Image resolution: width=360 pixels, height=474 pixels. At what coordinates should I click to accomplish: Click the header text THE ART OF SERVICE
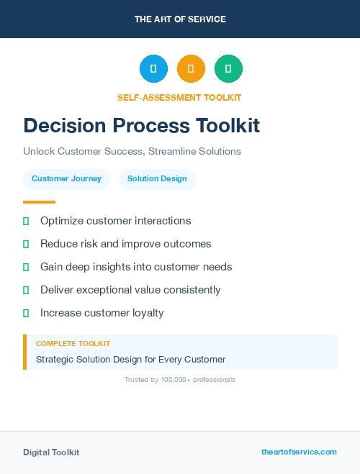[x=180, y=19]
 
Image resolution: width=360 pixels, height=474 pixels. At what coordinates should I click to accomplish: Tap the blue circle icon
[x=153, y=69]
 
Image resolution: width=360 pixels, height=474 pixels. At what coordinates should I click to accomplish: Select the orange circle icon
[x=191, y=69]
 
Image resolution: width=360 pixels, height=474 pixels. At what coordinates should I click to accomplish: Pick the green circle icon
[x=228, y=69]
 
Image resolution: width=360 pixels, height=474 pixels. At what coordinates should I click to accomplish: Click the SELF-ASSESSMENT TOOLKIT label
[x=179, y=97]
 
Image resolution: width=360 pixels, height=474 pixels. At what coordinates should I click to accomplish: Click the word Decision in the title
[x=60, y=126]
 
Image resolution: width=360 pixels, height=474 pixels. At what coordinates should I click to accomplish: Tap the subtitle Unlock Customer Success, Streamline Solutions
[x=132, y=152]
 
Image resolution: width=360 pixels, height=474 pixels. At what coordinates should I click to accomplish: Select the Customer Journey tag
[x=66, y=179]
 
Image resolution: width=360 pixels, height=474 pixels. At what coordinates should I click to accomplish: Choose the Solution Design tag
[x=157, y=179]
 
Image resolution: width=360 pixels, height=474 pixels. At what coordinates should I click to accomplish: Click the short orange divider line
[x=39, y=202]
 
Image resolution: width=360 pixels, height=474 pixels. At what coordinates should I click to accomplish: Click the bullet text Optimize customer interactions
[x=115, y=221]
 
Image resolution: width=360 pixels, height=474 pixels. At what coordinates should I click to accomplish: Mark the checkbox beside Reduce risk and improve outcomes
[x=26, y=244]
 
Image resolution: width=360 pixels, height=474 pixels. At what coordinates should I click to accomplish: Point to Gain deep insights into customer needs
[x=136, y=267]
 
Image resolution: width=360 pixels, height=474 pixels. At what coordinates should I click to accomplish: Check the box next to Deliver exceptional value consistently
[x=26, y=290]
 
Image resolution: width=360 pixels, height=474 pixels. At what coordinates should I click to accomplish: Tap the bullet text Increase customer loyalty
[x=102, y=313]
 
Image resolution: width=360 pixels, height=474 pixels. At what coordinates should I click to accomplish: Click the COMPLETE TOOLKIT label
[x=73, y=344]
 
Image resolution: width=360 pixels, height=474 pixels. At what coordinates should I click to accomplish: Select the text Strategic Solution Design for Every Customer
[x=130, y=359]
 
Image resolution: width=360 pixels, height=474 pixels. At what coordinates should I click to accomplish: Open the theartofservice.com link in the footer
[x=299, y=452]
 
